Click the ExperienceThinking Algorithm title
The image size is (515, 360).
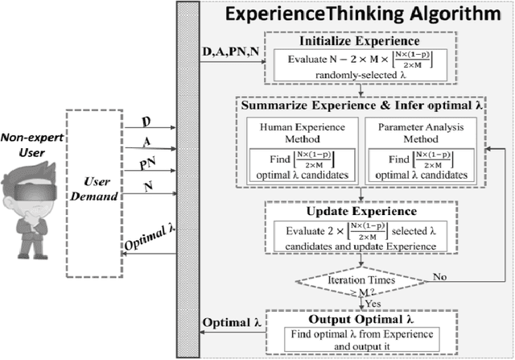361,14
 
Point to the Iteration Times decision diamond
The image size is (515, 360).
360,279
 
